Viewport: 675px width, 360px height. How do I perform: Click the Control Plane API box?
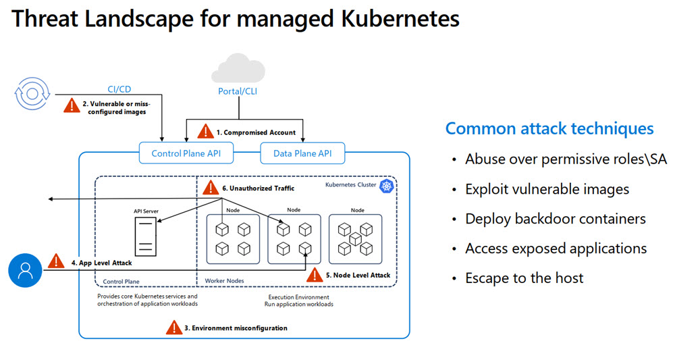pos(186,153)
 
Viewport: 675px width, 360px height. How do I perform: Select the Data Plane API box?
pos(302,153)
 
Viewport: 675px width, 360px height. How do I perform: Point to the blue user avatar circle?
pos(26,270)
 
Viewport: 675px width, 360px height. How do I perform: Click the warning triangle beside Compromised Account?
pos(206,132)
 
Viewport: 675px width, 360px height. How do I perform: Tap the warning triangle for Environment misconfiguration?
pos(175,328)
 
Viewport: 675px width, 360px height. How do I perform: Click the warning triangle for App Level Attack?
pos(56,262)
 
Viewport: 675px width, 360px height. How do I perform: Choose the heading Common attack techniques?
pos(549,128)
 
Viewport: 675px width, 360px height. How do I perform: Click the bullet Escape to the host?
pos(524,278)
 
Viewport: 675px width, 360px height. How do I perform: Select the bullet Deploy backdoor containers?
pos(555,219)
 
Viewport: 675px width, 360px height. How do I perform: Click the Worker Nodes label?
pos(225,280)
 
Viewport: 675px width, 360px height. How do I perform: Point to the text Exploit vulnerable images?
pos(547,189)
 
